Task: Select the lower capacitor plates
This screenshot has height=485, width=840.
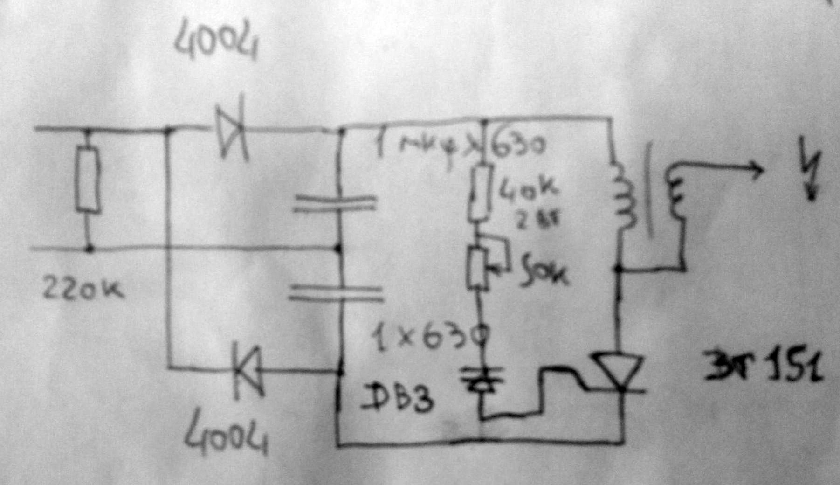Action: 336,294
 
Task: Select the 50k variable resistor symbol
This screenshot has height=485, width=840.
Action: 478,268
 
